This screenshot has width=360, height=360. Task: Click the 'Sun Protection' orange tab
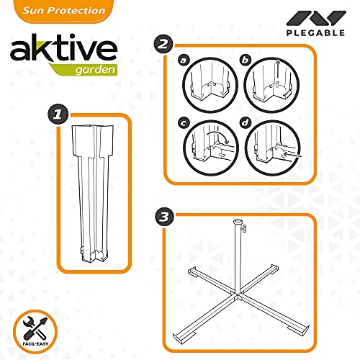[x=64, y=11]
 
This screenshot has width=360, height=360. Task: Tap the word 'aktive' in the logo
[x=63, y=48]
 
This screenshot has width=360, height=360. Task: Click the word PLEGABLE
[x=315, y=33]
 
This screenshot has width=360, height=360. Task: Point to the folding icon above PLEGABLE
[x=316, y=18]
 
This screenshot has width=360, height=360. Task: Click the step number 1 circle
[x=58, y=114]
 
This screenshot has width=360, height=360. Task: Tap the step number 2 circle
[x=163, y=44]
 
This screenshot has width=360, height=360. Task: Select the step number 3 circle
[x=165, y=217]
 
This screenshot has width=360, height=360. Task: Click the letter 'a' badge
[x=184, y=60]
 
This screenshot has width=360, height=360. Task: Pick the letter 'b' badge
[x=245, y=60]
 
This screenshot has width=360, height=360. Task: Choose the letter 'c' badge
[x=184, y=123]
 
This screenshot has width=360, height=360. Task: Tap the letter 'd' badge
[x=245, y=123]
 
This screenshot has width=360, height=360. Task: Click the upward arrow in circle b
[x=277, y=69]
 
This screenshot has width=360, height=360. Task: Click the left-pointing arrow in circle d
[x=292, y=154]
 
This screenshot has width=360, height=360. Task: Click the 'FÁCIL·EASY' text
[x=35, y=343]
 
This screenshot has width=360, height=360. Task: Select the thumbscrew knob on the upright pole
[x=245, y=228]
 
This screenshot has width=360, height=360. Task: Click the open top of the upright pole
[x=238, y=221]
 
